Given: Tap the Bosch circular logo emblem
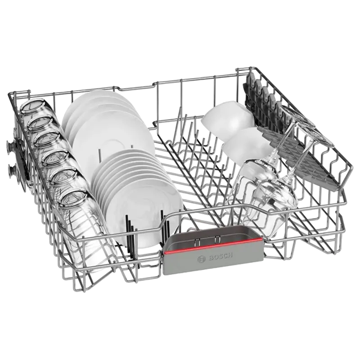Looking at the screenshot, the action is pyautogui.click(x=201, y=259).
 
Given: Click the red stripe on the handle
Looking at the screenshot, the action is pyautogui.click(x=212, y=245).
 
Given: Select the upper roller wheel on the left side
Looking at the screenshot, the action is pyautogui.click(x=10, y=146).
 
